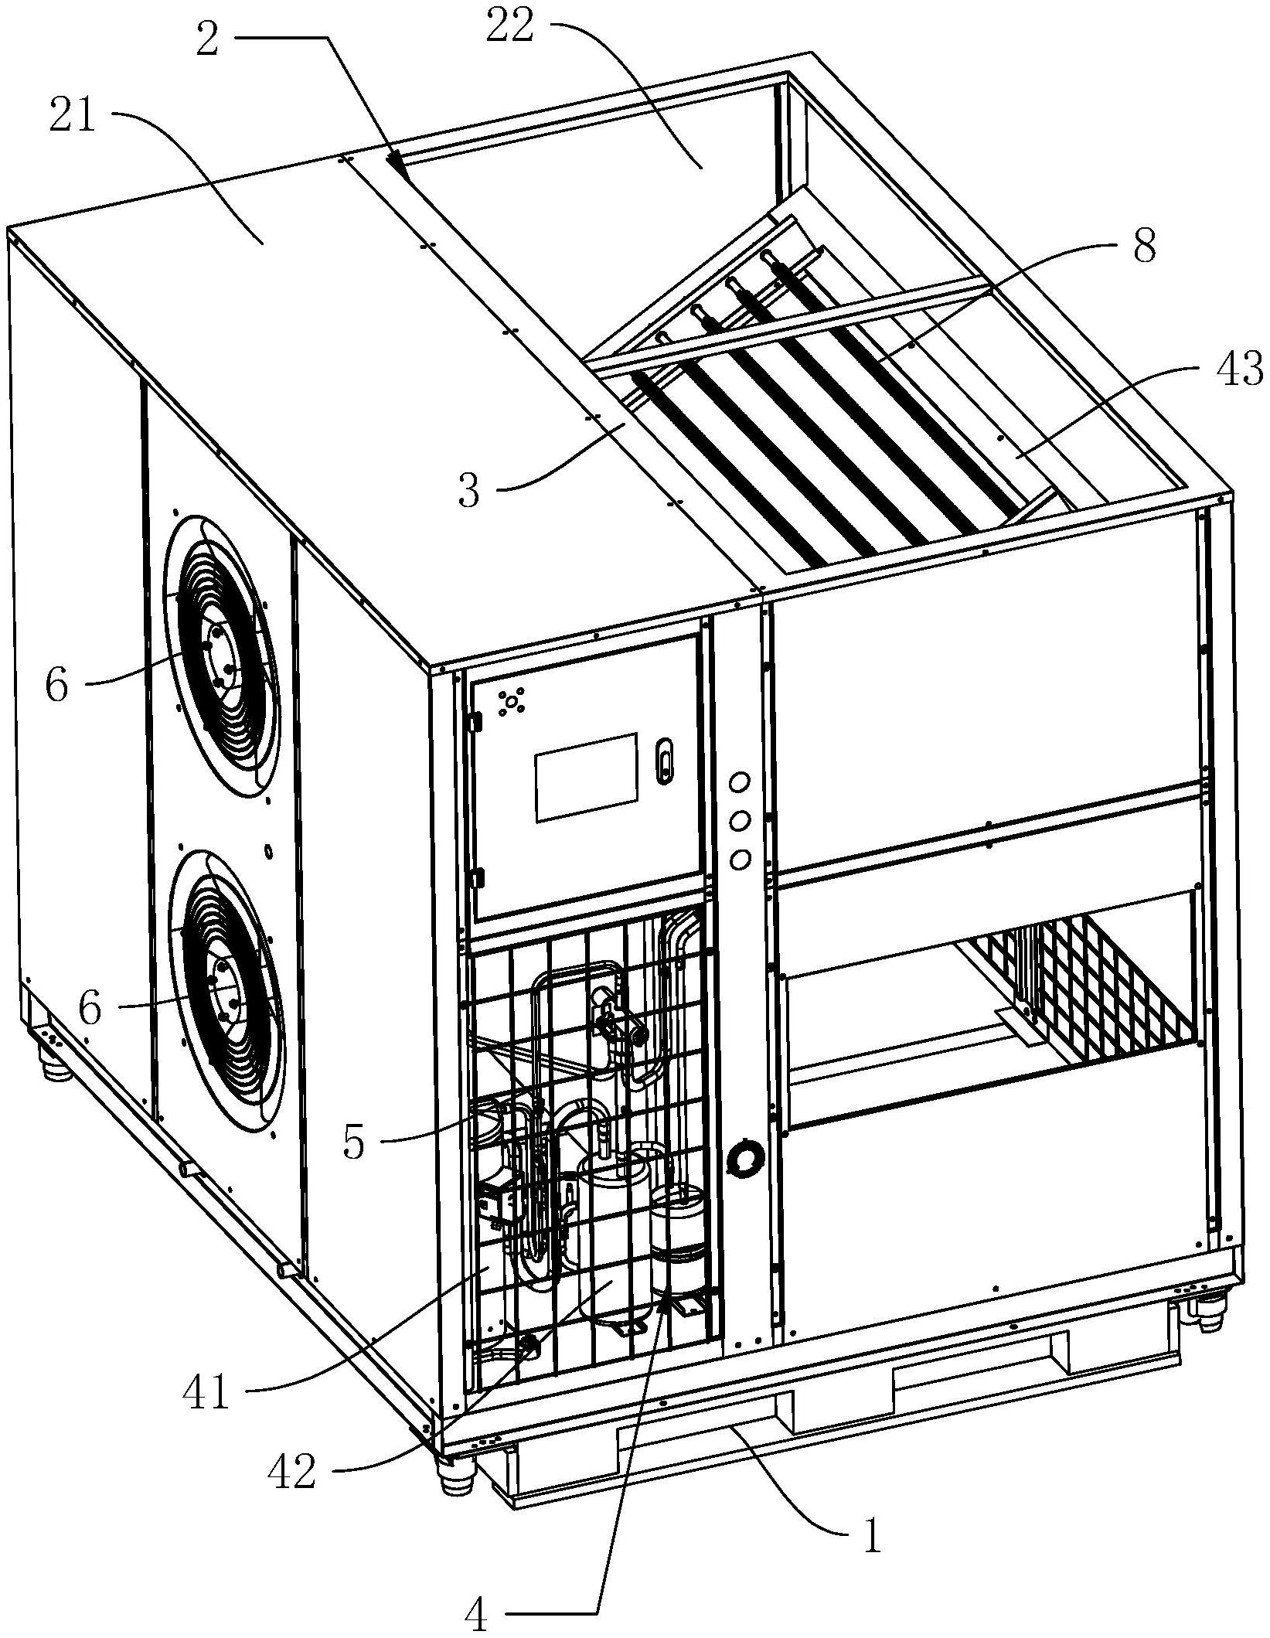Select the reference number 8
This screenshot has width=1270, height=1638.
(1143, 247)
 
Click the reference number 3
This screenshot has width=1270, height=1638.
(468, 491)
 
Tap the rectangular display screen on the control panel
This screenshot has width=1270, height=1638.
(587, 777)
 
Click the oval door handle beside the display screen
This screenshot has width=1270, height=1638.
(664, 761)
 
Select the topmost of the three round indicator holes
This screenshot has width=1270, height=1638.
(739, 784)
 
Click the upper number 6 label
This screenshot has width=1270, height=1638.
(56, 684)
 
